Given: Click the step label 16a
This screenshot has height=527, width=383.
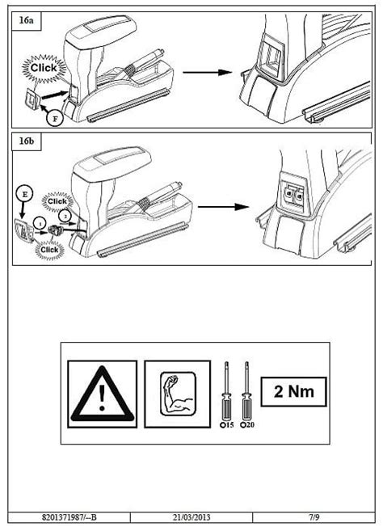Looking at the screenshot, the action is (x=26, y=20).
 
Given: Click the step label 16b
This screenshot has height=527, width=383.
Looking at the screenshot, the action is (x=26, y=141).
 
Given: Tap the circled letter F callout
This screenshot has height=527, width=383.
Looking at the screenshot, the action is (x=54, y=118).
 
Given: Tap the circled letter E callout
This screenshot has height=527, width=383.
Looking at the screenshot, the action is (x=24, y=195).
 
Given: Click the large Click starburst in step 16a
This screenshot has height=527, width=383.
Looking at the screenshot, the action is (x=44, y=68).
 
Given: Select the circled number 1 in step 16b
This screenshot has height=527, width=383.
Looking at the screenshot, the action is (x=40, y=222).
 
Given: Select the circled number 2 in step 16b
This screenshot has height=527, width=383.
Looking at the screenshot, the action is (x=65, y=215).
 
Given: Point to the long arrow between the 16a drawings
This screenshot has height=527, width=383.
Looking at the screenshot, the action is (x=208, y=72).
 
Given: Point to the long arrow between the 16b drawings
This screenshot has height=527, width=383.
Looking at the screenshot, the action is (x=223, y=206).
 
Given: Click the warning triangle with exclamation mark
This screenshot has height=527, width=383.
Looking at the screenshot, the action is (x=102, y=394).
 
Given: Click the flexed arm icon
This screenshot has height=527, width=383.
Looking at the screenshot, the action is (x=178, y=394).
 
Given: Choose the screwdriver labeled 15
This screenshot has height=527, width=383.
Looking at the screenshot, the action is (x=227, y=395).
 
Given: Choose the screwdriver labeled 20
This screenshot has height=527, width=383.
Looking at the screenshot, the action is (x=247, y=395).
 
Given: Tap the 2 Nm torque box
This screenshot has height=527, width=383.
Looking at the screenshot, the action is (x=293, y=392).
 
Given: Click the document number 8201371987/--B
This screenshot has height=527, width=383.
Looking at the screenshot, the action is (x=69, y=517).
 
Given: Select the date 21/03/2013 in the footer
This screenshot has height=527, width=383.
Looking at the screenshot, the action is (x=191, y=517).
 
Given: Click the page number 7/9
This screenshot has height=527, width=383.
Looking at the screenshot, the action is (x=314, y=517).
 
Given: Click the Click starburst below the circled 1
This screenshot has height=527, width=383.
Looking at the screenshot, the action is (x=49, y=250).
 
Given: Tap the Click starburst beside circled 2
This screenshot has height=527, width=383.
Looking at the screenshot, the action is (x=57, y=201).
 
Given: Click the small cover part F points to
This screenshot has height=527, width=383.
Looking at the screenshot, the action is (x=32, y=97).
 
